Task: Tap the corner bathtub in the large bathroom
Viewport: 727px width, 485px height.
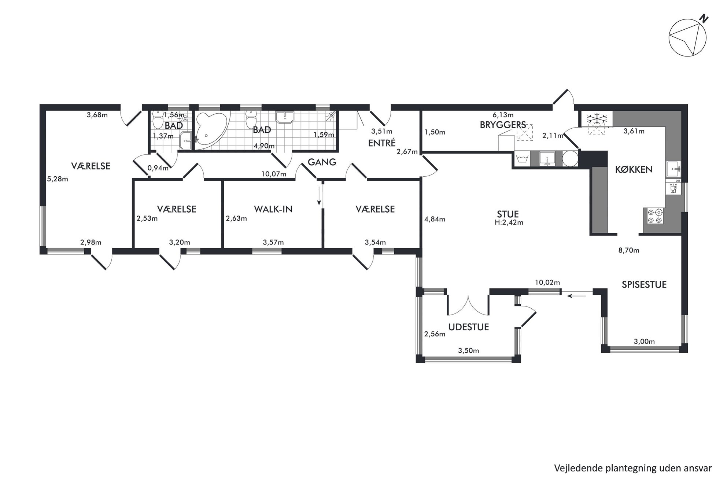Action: (x=209, y=131)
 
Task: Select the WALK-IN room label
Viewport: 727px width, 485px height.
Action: (x=273, y=209)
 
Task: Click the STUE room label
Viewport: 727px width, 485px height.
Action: (x=508, y=214)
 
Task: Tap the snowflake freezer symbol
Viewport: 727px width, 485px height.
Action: (x=597, y=119)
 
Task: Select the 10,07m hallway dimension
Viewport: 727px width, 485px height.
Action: (x=274, y=174)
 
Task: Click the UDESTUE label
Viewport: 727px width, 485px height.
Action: (x=469, y=327)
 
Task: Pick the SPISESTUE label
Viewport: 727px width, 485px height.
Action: (x=644, y=284)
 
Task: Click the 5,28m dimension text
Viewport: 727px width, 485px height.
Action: (x=58, y=179)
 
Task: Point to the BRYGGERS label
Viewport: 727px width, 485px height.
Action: (x=503, y=125)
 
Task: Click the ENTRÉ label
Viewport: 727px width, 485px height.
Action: (x=381, y=143)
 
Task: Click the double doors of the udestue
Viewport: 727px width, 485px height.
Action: (x=468, y=305)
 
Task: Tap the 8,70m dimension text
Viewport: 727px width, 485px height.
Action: (x=629, y=251)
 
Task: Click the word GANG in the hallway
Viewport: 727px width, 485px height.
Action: (x=322, y=162)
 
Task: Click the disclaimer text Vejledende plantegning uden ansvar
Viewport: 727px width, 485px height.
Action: (x=633, y=468)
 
